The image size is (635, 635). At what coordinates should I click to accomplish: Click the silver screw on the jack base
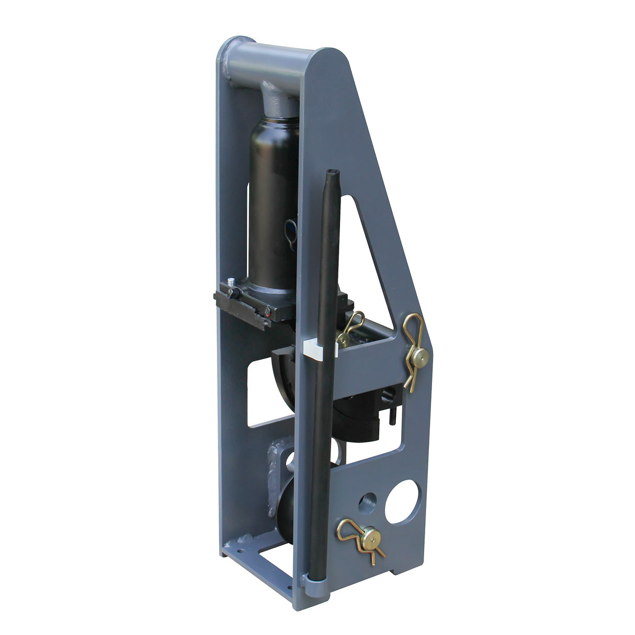click(233, 287)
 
